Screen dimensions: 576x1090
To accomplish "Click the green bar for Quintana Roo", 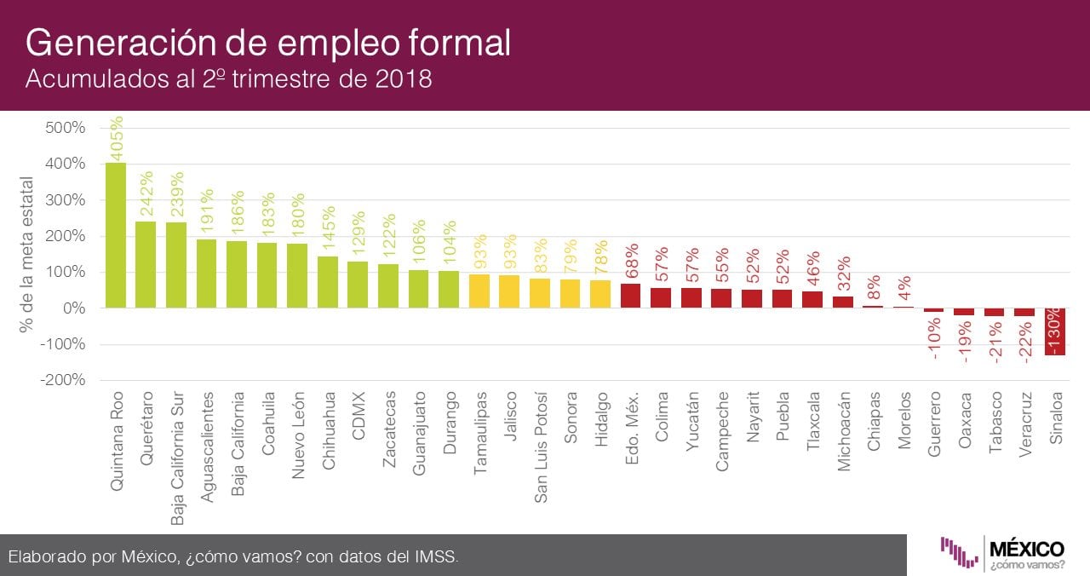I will coord(116,235).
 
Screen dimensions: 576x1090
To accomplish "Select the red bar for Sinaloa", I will coord(1055,331).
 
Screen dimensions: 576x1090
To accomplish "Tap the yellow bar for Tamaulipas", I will coord(479,291).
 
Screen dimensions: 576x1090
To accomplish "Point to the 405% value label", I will coord(117,138).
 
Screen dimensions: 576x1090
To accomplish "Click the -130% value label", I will coord(1056,332).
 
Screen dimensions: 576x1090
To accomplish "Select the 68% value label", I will coord(632,262).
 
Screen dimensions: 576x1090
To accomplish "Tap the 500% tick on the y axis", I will coord(65,128).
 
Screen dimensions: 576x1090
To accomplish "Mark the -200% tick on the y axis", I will coord(62,380).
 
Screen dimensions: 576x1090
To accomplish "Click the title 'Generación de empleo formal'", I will coord(268,43).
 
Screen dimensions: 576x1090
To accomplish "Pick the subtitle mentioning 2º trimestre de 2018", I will coord(229,80).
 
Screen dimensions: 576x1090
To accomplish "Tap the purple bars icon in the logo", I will coord(959,552).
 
